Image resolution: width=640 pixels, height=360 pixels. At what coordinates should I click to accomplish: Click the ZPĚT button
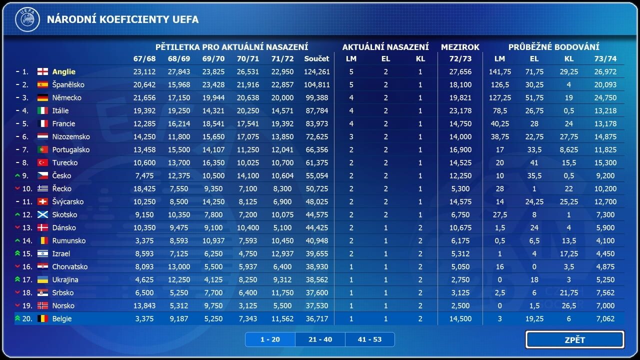click(x=574, y=340)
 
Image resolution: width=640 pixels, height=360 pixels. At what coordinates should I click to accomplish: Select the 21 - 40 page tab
click(x=320, y=339)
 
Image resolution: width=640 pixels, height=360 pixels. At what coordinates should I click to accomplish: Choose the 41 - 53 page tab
click(x=369, y=339)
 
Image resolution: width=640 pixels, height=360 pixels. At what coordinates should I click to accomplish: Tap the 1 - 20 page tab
click(x=270, y=339)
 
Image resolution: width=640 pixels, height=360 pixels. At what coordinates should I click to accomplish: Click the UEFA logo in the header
click(x=27, y=19)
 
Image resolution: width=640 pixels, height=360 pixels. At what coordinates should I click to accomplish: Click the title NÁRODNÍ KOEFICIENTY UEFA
click(x=122, y=19)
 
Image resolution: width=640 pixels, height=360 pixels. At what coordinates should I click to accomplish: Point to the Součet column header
click(x=317, y=58)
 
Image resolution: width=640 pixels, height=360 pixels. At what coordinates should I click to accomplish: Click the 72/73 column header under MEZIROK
click(x=460, y=58)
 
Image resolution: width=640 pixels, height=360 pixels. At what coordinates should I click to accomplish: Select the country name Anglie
click(x=63, y=71)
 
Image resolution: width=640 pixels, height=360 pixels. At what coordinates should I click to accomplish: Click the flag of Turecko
click(x=42, y=162)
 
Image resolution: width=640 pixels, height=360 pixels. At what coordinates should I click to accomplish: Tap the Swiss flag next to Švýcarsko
click(x=42, y=201)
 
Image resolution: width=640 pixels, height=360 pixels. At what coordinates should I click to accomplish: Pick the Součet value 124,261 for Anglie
click(x=317, y=71)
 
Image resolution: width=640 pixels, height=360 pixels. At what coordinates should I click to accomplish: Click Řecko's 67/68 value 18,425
click(x=144, y=188)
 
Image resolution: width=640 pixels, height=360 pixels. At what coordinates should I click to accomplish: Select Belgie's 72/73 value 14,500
click(x=460, y=318)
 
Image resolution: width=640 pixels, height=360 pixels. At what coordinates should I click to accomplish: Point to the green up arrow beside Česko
click(x=17, y=175)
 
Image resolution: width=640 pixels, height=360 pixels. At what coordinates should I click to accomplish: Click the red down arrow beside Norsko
click(x=17, y=305)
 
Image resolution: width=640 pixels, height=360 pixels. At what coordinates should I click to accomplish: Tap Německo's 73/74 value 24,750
click(x=605, y=97)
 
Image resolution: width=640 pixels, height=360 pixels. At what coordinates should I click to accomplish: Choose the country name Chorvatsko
click(x=69, y=266)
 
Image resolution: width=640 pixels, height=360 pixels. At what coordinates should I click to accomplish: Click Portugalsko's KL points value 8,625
click(x=569, y=149)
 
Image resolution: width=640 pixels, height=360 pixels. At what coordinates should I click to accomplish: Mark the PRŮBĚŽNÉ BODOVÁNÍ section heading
click(x=553, y=47)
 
